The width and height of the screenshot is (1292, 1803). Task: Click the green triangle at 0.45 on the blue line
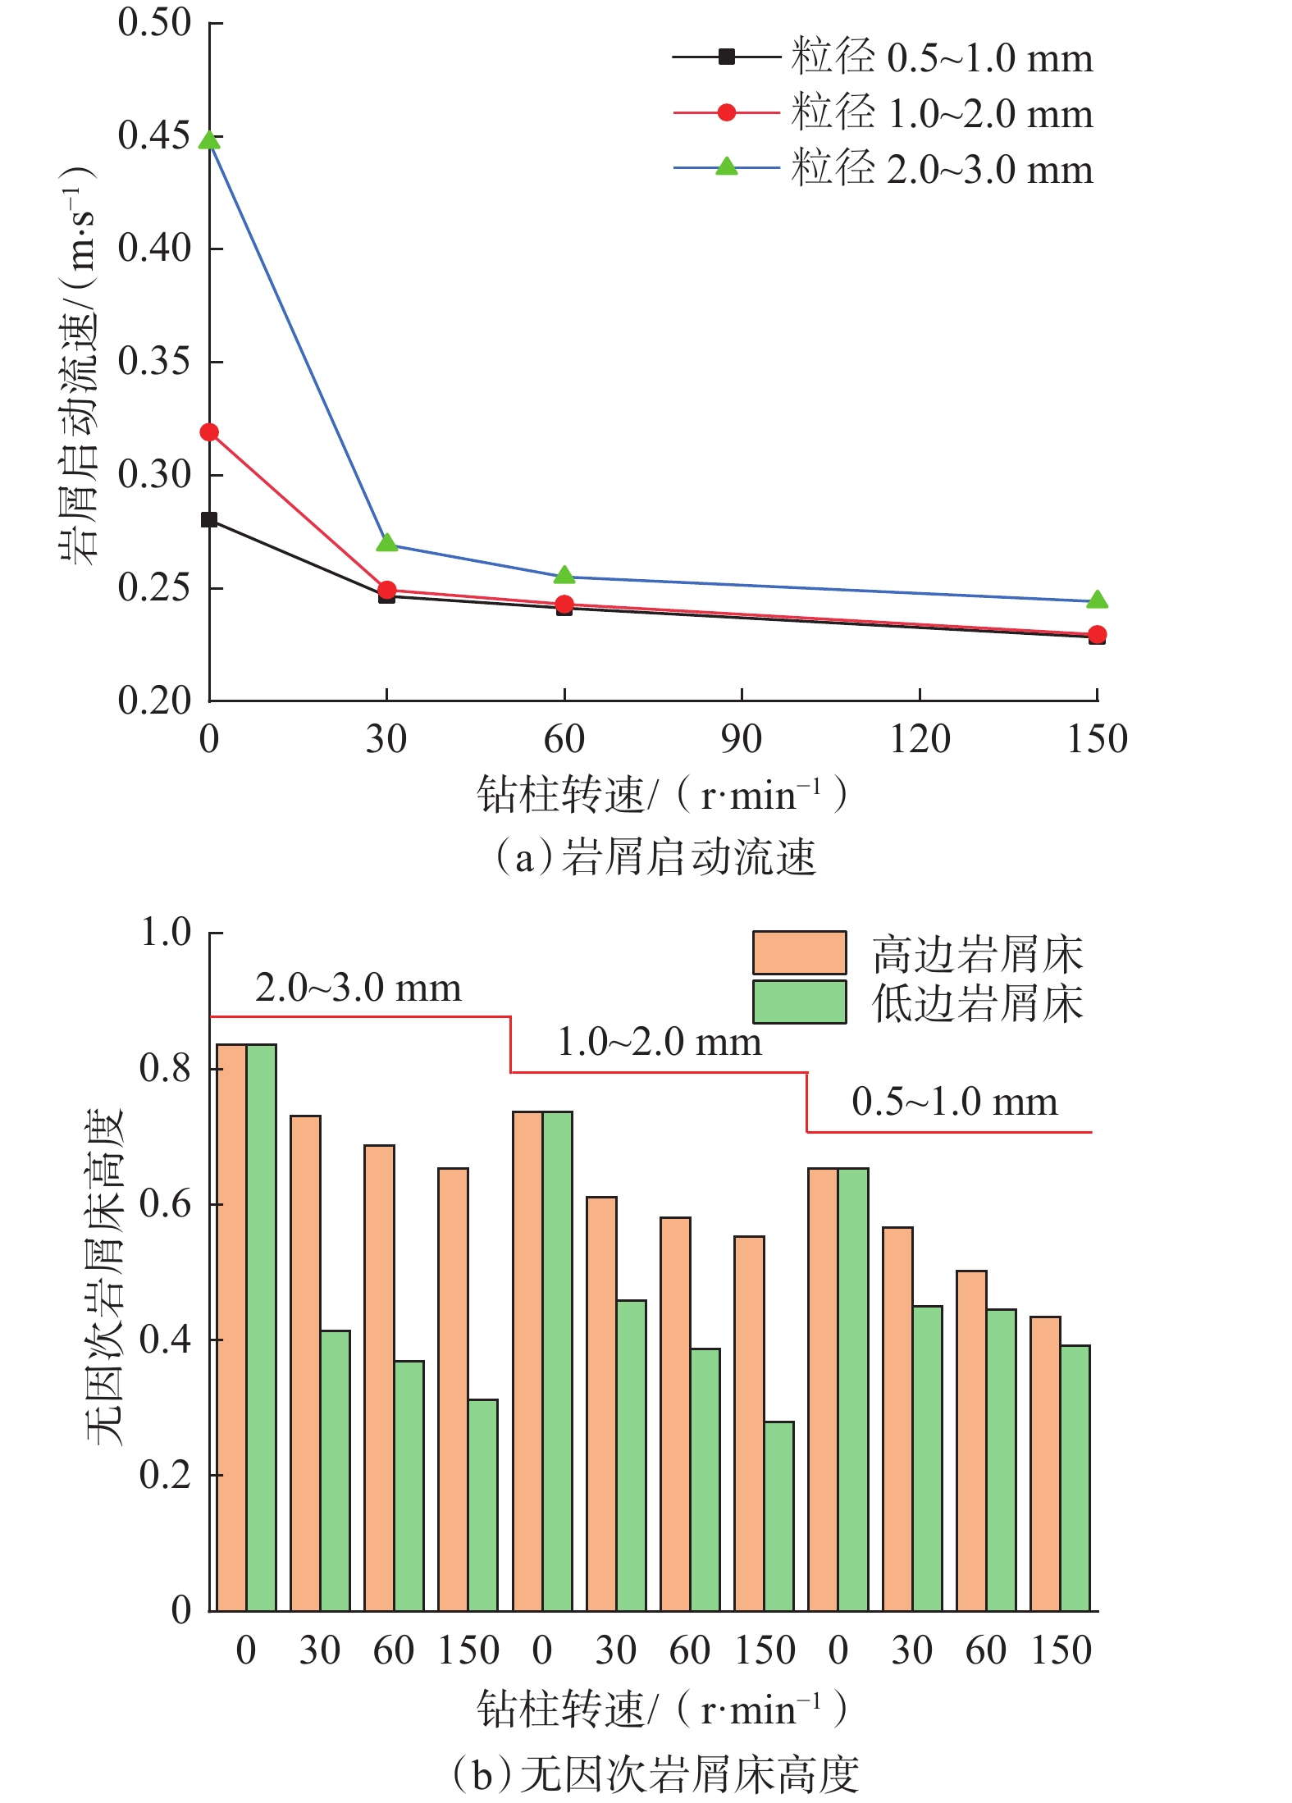(210, 140)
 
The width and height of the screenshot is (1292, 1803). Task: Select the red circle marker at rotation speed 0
(210, 432)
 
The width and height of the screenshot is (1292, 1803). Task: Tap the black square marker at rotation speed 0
(210, 520)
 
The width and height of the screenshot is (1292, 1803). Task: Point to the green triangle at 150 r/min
(1097, 600)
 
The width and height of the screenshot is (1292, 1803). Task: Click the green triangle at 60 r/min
(564, 575)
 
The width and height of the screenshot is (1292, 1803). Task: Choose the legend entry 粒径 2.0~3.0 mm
(941, 170)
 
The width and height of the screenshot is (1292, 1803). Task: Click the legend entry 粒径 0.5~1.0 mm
(941, 58)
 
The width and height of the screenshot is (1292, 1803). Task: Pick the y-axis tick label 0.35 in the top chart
(153, 361)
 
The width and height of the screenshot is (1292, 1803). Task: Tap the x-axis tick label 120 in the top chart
(920, 739)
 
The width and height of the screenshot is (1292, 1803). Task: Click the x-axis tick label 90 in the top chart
(742, 739)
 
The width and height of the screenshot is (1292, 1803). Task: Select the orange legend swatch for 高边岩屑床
(799, 953)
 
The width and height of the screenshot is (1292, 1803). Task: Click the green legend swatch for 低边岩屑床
(799, 1002)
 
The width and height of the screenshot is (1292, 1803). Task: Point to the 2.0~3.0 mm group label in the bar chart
(358, 988)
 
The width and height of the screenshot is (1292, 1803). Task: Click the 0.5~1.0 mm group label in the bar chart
(955, 1102)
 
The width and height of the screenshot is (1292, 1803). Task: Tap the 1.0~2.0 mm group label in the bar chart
(660, 1043)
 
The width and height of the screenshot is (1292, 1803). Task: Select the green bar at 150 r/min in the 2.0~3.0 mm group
(483, 1505)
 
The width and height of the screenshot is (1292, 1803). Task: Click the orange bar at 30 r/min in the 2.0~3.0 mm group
(305, 1363)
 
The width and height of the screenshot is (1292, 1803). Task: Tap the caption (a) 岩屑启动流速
(656, 857)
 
